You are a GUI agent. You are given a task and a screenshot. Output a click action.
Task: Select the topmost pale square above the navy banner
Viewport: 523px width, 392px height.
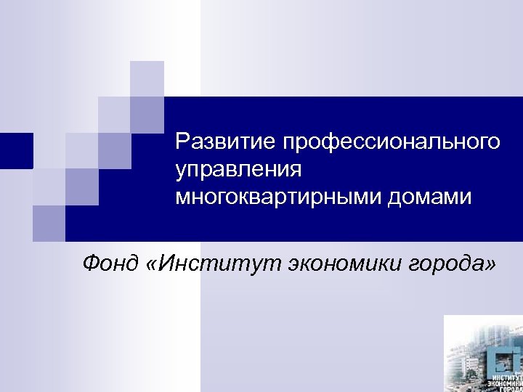(147, 78)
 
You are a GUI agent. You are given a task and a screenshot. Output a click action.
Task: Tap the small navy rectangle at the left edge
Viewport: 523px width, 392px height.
(15, 151)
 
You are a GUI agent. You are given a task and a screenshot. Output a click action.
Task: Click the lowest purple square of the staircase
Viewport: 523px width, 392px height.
(49, 222)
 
